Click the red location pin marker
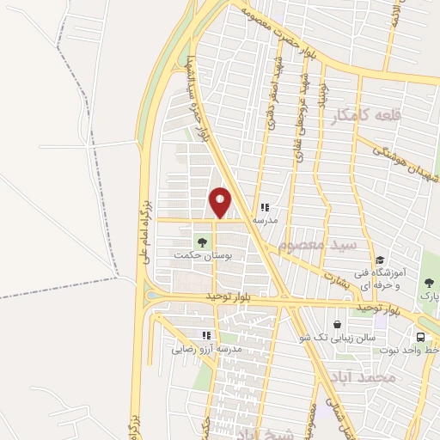[x=220, y=202]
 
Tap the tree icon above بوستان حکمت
[x=203, y=242]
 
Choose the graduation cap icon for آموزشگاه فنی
[x=379, y=260]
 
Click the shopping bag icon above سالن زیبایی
[x=338, y=325]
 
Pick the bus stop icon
[x=421, y=337]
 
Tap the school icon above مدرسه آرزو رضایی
[x=206, y=335]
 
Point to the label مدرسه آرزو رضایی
[x=206, y=349]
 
